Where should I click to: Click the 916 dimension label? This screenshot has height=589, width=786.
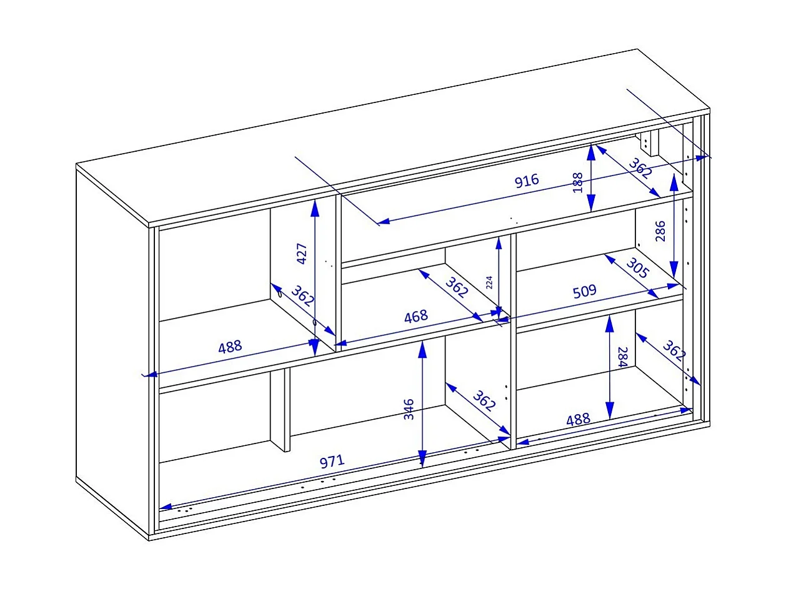point(526,181)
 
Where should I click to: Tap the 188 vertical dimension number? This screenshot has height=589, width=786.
point(578,182)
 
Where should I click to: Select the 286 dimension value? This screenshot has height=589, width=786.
point(661,230)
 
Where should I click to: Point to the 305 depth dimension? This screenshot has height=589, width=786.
point(637,269)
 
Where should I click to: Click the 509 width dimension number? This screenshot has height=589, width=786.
point(584,292)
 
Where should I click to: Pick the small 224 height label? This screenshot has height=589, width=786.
point(489,282)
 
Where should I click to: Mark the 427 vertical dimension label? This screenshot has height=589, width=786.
point(302,254)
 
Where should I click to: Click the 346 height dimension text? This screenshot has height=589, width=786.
point(409,408)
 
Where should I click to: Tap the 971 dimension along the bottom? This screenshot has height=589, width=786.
point(332,462)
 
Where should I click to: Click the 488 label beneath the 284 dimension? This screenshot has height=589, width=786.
point(578,420)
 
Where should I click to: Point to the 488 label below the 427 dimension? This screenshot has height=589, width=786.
point(229,347)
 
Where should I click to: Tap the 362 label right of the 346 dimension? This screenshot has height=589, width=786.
point(483,401)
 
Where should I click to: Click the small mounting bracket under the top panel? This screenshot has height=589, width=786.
point(650,143)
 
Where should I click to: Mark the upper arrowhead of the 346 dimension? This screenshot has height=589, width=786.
point(422,350)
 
